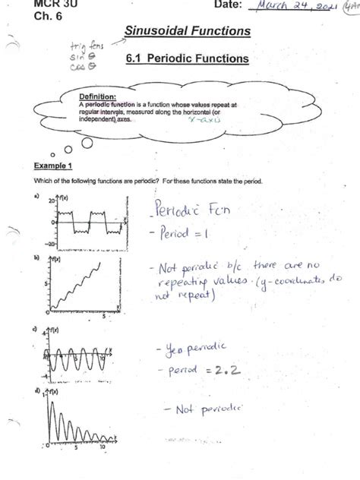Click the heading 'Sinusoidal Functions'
(x=186, y=31)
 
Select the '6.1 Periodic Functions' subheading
(x=189, y=58)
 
